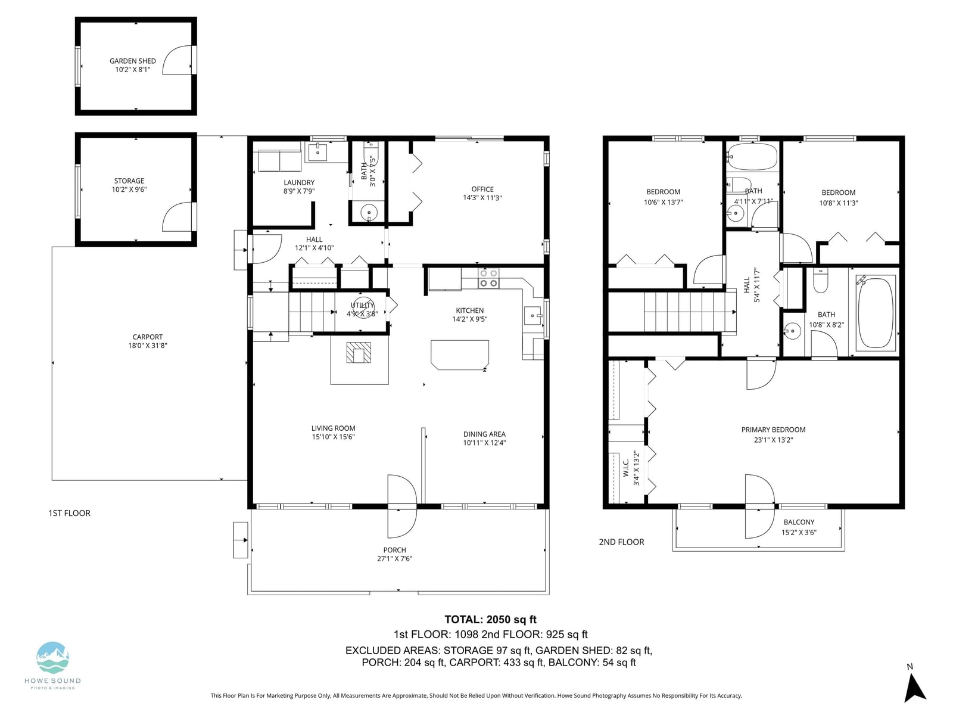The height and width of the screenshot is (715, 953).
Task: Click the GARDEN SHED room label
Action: click(132, 61)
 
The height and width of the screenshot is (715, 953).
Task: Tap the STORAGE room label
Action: click(129, 181)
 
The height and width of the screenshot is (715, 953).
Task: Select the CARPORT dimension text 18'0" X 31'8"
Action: click(148, 346)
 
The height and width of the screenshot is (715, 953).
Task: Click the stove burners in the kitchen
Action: click(488, 278)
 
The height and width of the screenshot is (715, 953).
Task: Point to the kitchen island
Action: click(460, 355)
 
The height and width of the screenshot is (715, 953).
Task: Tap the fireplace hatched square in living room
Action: click(359, 352)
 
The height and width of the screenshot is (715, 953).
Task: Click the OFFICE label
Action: click(482, 189)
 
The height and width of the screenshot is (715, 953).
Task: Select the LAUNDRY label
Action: click(299, 183)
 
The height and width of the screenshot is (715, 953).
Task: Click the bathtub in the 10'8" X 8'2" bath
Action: click(876, 313)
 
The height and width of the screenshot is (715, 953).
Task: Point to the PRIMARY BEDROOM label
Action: click(773, 430)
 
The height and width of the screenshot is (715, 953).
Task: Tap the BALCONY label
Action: click(799, 523)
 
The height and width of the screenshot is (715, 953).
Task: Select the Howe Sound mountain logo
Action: click(53, 658)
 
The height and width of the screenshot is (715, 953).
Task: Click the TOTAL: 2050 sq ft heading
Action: click(490, 620)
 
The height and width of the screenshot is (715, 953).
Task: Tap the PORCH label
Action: click(395, 550)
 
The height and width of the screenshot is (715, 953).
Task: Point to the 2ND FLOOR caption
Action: click(621, 542)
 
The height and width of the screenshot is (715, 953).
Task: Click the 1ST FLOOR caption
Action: click(70, 513)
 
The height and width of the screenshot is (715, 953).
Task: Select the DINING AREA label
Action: click(484, 434)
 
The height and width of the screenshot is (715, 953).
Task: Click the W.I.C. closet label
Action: click(626, 468)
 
